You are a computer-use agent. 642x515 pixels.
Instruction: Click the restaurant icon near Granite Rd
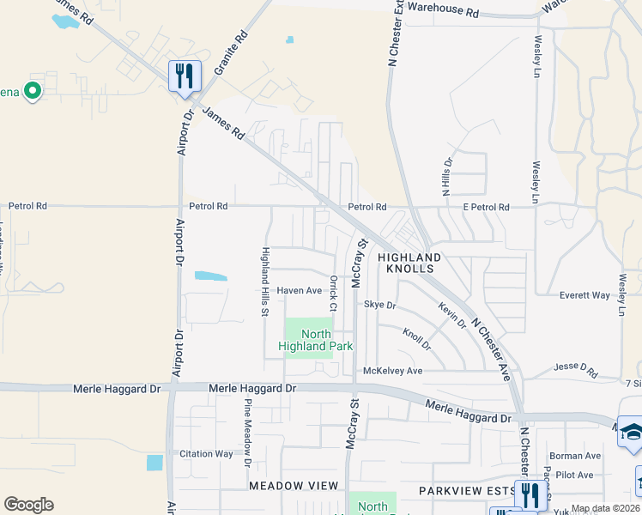(185, 76)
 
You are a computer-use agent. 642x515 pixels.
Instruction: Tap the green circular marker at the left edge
(33, 90)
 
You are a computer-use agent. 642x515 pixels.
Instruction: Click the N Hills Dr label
(446, 178)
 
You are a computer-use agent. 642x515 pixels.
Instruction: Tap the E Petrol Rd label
(487, 207)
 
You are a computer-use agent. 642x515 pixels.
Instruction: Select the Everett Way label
(584, 295)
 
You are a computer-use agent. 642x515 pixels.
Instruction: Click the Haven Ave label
(298, 290)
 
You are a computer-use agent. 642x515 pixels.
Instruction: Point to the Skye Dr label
(379, 305)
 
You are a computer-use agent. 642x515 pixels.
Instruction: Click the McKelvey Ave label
(393, 371)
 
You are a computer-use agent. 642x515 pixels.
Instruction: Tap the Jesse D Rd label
(575, 370)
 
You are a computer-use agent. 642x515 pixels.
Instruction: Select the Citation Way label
(206, 453)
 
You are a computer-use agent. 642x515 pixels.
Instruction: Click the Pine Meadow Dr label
(246, 433)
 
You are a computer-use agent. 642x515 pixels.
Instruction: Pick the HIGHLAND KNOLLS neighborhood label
(409, 263)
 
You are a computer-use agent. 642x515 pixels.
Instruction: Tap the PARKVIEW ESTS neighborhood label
(463, 490)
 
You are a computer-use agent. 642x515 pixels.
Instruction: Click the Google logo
(28, 505)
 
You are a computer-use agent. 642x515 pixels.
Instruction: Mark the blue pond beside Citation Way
(154, 463)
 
